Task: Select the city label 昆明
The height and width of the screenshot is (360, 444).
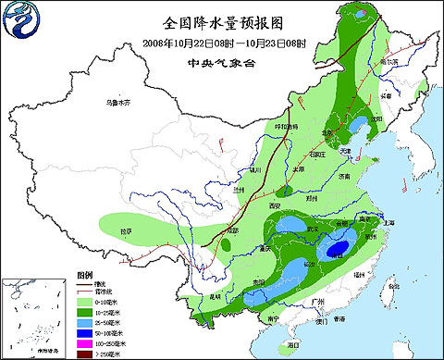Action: coord(215,296)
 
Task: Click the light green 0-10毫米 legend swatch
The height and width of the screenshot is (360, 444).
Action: coord(82,301)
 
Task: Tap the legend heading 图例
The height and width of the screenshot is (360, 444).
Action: coord(85,275)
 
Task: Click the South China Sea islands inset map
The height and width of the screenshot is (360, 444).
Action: coord(31,315)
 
